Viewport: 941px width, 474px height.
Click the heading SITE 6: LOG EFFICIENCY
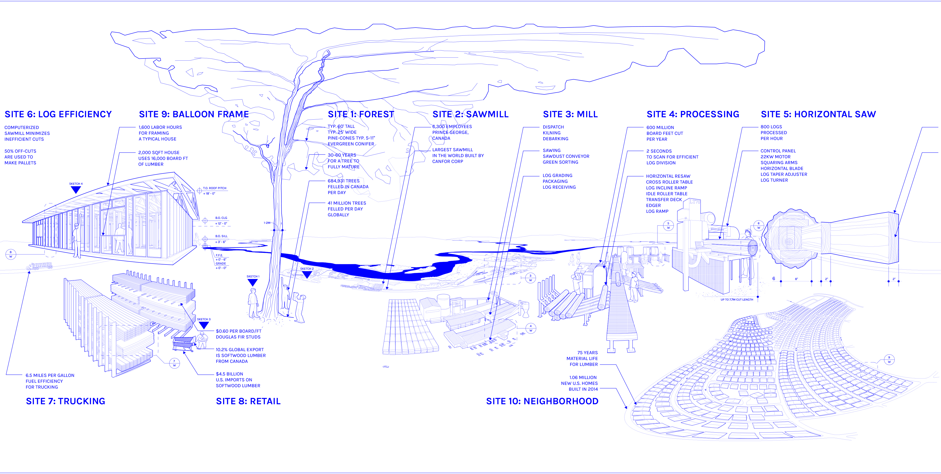[58, 114]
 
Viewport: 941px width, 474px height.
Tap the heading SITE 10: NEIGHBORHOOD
[542, 401]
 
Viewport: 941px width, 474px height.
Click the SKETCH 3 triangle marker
[203, 325]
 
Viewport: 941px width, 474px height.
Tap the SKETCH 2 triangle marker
[307, 275]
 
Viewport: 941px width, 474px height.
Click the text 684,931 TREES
[343, 181]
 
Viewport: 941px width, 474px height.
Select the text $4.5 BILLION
[229, 374]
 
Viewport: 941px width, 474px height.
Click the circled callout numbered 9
[889, 360]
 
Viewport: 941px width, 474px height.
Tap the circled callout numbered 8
[11, 254]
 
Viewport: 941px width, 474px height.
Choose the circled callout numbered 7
[174, 363]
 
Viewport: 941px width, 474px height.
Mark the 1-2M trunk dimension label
[267, 223]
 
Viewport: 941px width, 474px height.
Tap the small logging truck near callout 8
[40, 266]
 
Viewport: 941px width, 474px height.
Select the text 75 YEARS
[587, 353]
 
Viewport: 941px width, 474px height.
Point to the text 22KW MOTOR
[775, 157]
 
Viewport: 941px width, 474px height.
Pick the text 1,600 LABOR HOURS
[160, 127]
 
